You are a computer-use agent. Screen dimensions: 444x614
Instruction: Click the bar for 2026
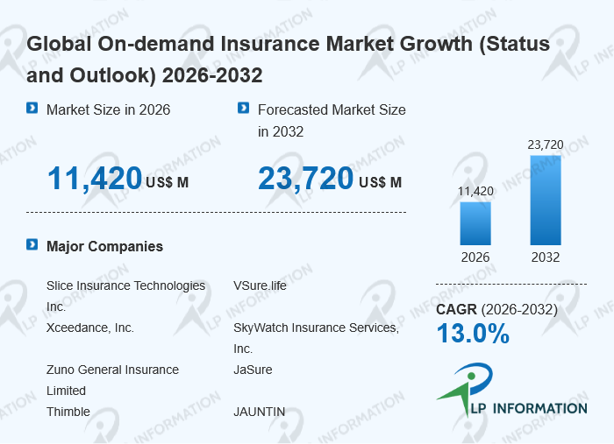coord(475,223)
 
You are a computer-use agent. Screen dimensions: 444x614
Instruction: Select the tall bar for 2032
coord(546,201)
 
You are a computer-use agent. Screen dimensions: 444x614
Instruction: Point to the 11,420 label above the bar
coord(475,191)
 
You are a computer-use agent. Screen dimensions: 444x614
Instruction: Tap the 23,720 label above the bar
coord(546,144)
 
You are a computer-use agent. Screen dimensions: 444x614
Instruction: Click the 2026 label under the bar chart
coord(475,257)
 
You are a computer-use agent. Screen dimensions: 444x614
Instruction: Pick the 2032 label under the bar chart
coord(546,257)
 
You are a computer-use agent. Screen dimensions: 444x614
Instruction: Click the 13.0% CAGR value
coord(473,334)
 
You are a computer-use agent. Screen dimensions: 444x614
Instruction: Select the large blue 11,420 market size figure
coord(95,179)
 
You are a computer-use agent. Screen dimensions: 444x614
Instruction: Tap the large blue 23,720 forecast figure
coord(305,179)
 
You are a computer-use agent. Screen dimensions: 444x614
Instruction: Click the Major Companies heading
coord(104,246)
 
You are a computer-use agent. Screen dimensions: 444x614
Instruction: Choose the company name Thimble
coord(68,412)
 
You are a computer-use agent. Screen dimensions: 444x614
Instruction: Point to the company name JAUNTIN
coord(260,412)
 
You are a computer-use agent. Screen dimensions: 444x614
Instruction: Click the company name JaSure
coord(253,370)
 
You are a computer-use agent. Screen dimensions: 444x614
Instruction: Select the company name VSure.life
coord(260,285)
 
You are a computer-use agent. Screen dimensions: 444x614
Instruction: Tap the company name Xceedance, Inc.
coord(90,328)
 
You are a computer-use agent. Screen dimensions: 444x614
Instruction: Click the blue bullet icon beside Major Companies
coord(32,245)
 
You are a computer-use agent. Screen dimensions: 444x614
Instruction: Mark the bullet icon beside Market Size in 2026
coord(32,109)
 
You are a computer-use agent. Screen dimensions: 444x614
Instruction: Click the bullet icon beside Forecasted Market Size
coord(244,109)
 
